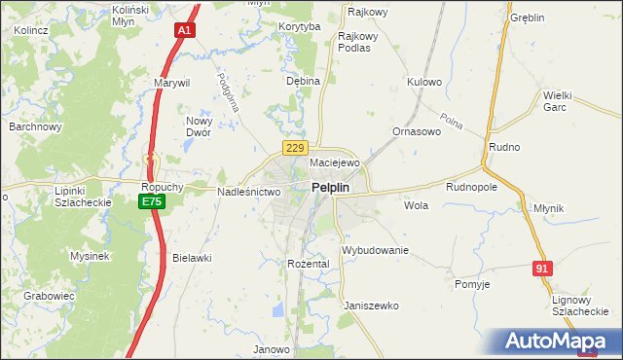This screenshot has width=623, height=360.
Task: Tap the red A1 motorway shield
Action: coord(184,31)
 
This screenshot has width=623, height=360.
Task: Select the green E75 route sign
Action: coord(151,201)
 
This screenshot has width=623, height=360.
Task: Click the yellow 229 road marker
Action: coord(297,147)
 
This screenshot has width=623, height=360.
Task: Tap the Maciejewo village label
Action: coord(335,162)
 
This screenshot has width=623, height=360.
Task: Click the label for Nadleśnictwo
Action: coord(248,192)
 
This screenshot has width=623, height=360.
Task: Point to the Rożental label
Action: coord(309,264)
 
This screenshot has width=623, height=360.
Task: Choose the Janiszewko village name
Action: coord(371,305)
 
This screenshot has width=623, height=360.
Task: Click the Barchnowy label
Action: coord(35,126)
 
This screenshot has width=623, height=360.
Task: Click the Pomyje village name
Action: coord(472,284)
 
